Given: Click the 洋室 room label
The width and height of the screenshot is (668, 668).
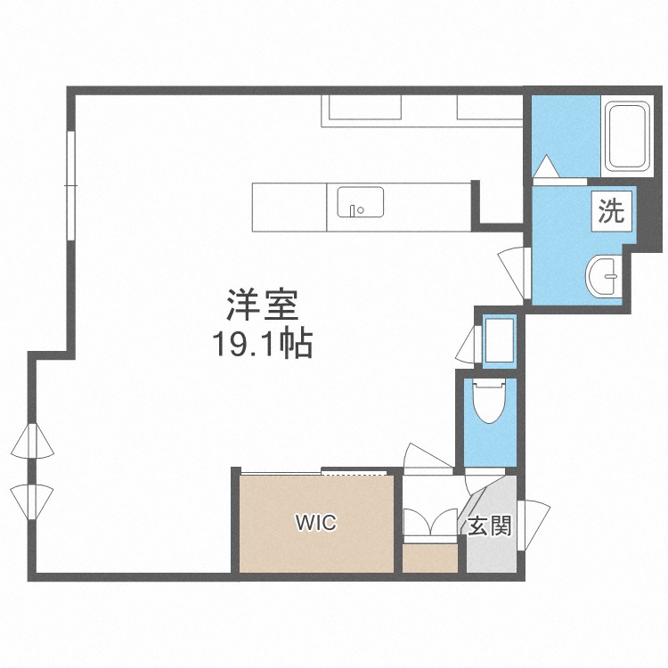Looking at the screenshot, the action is coord(262,305).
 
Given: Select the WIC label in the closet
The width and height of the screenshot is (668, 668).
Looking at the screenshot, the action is coord(316,523).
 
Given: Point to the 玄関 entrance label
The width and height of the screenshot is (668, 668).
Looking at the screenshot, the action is coord(490,525).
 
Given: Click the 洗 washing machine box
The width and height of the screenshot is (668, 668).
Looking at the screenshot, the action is coord(611,211).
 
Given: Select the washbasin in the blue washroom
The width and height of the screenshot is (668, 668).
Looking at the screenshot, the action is coord(604,275).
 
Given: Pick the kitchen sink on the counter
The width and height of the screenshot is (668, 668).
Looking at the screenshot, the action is coord(361,202).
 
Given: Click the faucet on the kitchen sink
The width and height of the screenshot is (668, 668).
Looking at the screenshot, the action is coord(353,209).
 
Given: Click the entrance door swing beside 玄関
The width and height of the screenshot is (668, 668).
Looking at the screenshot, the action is coord(533,525).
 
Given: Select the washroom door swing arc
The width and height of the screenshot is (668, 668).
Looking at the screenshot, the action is coord(514,273).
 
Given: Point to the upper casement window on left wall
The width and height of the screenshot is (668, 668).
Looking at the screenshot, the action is coord(32,441).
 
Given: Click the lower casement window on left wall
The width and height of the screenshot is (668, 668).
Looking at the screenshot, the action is coord(32,501).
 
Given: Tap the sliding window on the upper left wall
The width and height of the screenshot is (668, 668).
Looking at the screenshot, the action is coord(71,186).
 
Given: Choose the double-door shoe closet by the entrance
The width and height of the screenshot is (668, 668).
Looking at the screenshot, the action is coord(431,521).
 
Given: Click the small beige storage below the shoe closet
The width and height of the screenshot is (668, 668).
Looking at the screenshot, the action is coord(430,558).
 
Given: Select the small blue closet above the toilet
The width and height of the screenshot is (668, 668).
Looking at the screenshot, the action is coord(500,341).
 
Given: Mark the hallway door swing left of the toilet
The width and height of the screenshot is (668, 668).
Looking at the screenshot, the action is coord(428,459).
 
